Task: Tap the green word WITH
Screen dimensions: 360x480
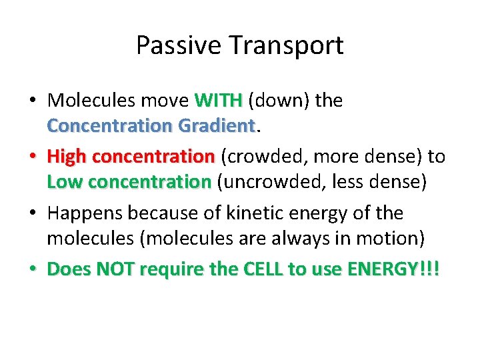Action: click(x=218, y=101)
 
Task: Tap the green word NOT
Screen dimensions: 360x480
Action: click(x=115, y=269)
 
